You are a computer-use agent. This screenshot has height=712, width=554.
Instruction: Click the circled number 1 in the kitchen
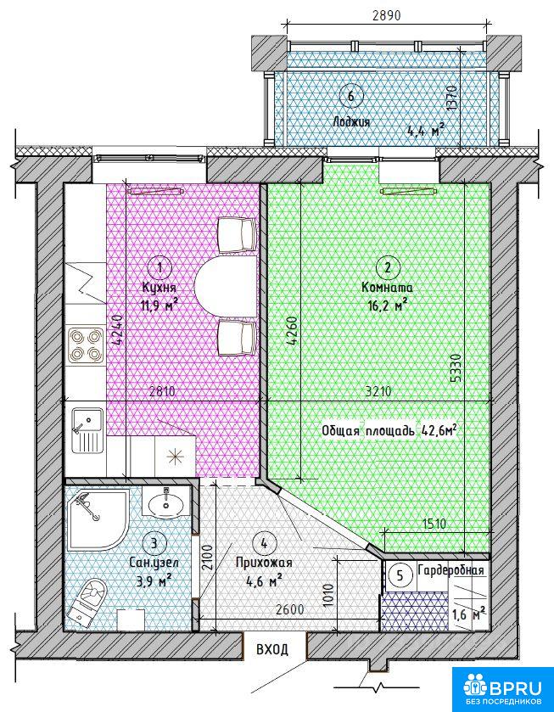(159, 268)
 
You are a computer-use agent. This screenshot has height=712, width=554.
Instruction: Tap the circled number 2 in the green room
(388, 268)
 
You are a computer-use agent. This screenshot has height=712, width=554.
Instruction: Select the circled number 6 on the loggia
(350, 96)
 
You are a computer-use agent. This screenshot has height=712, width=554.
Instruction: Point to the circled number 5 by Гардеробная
(400, 575)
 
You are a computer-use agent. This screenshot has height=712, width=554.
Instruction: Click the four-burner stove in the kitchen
(85, 345)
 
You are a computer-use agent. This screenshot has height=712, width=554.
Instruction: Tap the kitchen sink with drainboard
(87, 430)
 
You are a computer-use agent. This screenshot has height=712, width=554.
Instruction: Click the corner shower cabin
(97, 519)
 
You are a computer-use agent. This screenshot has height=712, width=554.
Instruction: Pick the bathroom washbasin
(165, 502)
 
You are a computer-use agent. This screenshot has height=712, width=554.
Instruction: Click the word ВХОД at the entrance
(272, 649)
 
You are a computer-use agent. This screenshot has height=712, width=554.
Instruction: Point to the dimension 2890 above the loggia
(386, 15)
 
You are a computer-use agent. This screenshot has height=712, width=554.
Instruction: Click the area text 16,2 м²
(387, 306)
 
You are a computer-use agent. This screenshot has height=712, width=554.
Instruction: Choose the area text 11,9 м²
(159, 305)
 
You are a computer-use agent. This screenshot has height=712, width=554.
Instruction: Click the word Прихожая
(263, 563)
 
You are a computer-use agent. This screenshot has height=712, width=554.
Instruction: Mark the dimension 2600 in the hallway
(288, 609)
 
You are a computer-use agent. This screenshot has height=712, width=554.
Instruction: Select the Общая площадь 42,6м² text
(389, 430)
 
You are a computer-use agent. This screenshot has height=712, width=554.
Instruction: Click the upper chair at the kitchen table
(237, 234)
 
